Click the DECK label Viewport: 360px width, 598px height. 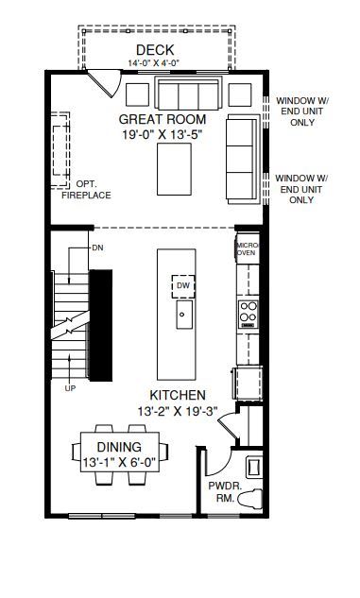click(x=155, y=50)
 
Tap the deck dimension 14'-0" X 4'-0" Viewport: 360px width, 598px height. click(x=153, y=63)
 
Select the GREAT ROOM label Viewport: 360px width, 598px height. click(x=163, y=119)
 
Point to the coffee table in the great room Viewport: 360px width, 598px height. click(x=174, y=169)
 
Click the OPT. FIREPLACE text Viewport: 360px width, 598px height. click(x=87, y=190)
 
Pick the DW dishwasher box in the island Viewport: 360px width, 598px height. click(x=183, y=286)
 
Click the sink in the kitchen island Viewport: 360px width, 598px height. click(x=184, y=315)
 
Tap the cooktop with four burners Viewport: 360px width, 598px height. click(x=249, y=315)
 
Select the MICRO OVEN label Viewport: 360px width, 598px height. click(x=248, y=249)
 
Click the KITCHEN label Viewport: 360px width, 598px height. click(x=178, y=395)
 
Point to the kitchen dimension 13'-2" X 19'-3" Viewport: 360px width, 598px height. click(x=178, y=412)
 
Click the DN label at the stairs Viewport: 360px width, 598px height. click(x=97, y=248)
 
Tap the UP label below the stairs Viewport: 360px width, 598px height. click(x=70, y=388)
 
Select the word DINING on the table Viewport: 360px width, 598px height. click(x=119, y=447)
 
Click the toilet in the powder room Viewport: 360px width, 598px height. click(x=249, y=499)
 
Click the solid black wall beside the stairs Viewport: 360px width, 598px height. click(x=101, y=325)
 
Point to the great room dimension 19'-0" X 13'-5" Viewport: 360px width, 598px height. click(x=162, y=135)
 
